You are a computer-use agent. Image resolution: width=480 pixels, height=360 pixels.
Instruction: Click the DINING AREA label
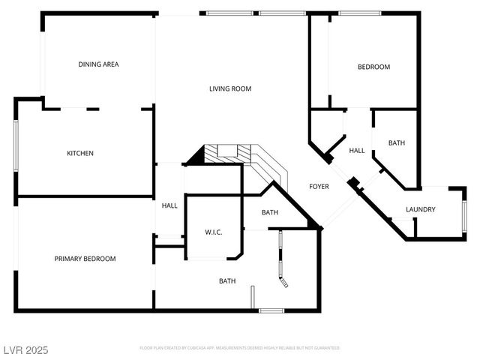pos(98,64)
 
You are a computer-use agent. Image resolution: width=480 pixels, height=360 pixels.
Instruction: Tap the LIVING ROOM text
pos(229,88)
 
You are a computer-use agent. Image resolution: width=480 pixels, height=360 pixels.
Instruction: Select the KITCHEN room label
pos(80,154)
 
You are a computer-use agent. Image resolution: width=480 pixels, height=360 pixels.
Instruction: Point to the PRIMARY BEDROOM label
pos(85,259)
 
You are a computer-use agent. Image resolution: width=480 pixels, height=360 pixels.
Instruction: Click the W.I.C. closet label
pos(214,232)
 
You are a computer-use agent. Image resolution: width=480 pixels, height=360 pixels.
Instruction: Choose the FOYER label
pos(320,185)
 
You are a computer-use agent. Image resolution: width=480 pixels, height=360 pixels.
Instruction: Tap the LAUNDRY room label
pos(420,209)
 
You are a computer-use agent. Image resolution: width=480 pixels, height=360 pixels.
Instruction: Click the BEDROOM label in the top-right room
pos(373,67)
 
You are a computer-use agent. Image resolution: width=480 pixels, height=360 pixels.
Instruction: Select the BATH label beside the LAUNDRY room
pos(396,142)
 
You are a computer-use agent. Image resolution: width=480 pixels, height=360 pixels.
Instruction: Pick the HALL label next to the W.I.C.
pos(169,205)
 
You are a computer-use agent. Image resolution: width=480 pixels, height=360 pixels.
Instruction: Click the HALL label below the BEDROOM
pos(357,151)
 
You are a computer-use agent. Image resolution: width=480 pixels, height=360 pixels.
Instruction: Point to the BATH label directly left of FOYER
pos(269,212)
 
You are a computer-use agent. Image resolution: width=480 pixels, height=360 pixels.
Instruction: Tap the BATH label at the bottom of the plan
pos(227,281)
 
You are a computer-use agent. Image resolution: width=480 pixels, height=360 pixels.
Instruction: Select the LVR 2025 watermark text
pos(26,349)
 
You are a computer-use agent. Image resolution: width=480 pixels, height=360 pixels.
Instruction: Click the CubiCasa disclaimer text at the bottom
pos(240,348)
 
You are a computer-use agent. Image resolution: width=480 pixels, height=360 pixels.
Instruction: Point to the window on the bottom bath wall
pos(271,310)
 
